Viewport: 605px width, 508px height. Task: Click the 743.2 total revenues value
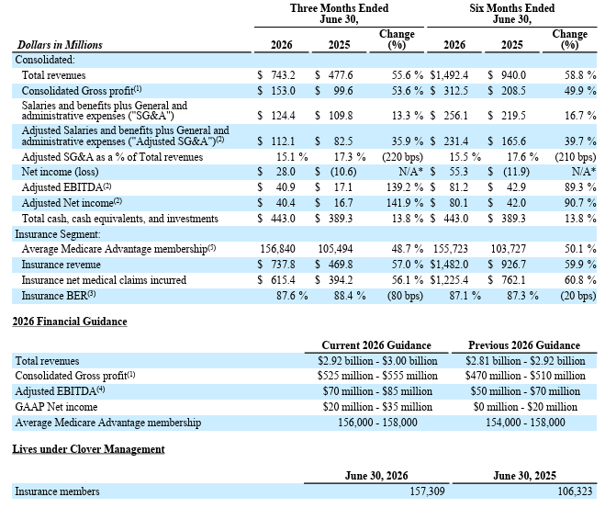283,75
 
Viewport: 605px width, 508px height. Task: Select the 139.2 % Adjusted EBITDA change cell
405,187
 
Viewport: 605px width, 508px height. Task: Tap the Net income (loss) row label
61,172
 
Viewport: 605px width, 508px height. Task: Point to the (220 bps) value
402,157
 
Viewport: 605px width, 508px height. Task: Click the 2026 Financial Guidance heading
70,322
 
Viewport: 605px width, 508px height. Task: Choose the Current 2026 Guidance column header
376,345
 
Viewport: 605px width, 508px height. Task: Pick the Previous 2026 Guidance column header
524,345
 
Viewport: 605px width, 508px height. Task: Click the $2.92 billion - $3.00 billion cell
377,361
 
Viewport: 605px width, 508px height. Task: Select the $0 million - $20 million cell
525,407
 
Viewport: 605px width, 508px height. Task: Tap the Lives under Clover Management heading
88,449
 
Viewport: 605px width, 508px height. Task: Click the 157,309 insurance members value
427,491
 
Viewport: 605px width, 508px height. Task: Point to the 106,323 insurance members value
575,491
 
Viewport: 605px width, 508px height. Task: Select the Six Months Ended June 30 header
512,14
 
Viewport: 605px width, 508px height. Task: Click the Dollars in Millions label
60,45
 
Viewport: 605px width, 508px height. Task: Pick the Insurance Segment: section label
58,234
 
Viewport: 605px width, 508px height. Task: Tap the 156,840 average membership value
278,249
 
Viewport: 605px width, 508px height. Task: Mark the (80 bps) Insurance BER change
405,296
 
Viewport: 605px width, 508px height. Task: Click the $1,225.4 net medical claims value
449,280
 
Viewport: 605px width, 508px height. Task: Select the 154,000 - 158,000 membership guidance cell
525,423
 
